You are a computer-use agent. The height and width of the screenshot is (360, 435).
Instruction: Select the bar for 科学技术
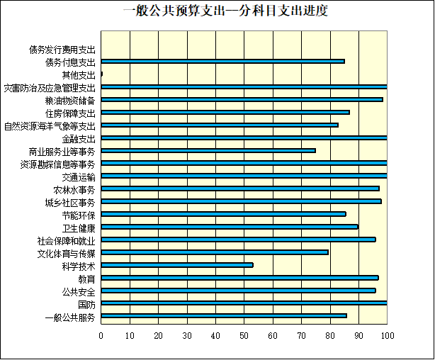(177, 265)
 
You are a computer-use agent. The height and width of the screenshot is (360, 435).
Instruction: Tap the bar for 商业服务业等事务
(208, 150)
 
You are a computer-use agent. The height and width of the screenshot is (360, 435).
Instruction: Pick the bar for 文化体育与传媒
(215, 252)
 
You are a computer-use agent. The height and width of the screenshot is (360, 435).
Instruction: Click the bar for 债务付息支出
(222, 61)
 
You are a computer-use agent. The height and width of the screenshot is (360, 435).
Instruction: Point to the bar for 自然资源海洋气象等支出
(220, 125)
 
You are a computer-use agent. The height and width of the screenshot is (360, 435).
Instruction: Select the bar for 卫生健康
(230, 227)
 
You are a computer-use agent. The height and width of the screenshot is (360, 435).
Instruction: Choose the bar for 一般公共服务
(224, 316)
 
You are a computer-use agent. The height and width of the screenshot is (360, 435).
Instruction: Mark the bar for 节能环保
(223, 214)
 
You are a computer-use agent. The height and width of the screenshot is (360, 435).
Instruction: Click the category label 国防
(86, 304)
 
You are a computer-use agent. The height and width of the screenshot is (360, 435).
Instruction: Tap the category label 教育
(86, 279)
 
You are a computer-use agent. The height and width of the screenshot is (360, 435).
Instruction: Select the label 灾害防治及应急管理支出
(49, 88)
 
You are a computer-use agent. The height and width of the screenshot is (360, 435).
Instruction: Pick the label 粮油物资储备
(69, 100)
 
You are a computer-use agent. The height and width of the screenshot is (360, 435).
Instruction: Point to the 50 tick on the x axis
(244, 335)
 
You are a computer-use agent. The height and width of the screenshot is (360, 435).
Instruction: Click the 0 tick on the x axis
(101, 335)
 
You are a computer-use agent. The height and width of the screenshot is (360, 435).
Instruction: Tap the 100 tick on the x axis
(387, 335)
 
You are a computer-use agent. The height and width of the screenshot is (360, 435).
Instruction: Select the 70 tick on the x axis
(302, 335)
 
